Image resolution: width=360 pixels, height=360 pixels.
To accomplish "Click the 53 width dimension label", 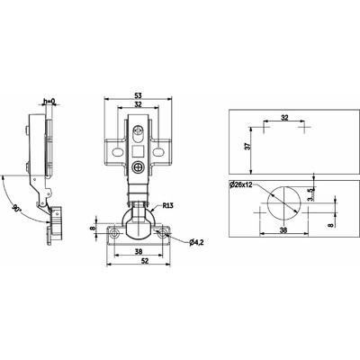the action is click(x=138, y=95).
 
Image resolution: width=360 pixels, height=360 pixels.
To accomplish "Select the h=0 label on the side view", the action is click(x=49, y=102).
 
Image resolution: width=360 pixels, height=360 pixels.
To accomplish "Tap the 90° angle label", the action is click(x=16, y=208).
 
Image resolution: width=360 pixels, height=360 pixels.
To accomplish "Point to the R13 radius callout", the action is click(x=167, y=206).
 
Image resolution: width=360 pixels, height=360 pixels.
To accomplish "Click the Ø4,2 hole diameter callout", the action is click(x=196, y=243).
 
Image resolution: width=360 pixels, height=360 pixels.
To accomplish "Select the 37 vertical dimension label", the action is click(x=247, y=147).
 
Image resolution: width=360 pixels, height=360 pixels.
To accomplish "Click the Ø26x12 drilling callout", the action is click(x=240, y=184).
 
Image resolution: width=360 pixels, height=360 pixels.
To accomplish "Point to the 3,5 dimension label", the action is click(x=312, y=194).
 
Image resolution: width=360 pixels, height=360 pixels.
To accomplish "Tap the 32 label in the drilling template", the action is click(x=284, y=118).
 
